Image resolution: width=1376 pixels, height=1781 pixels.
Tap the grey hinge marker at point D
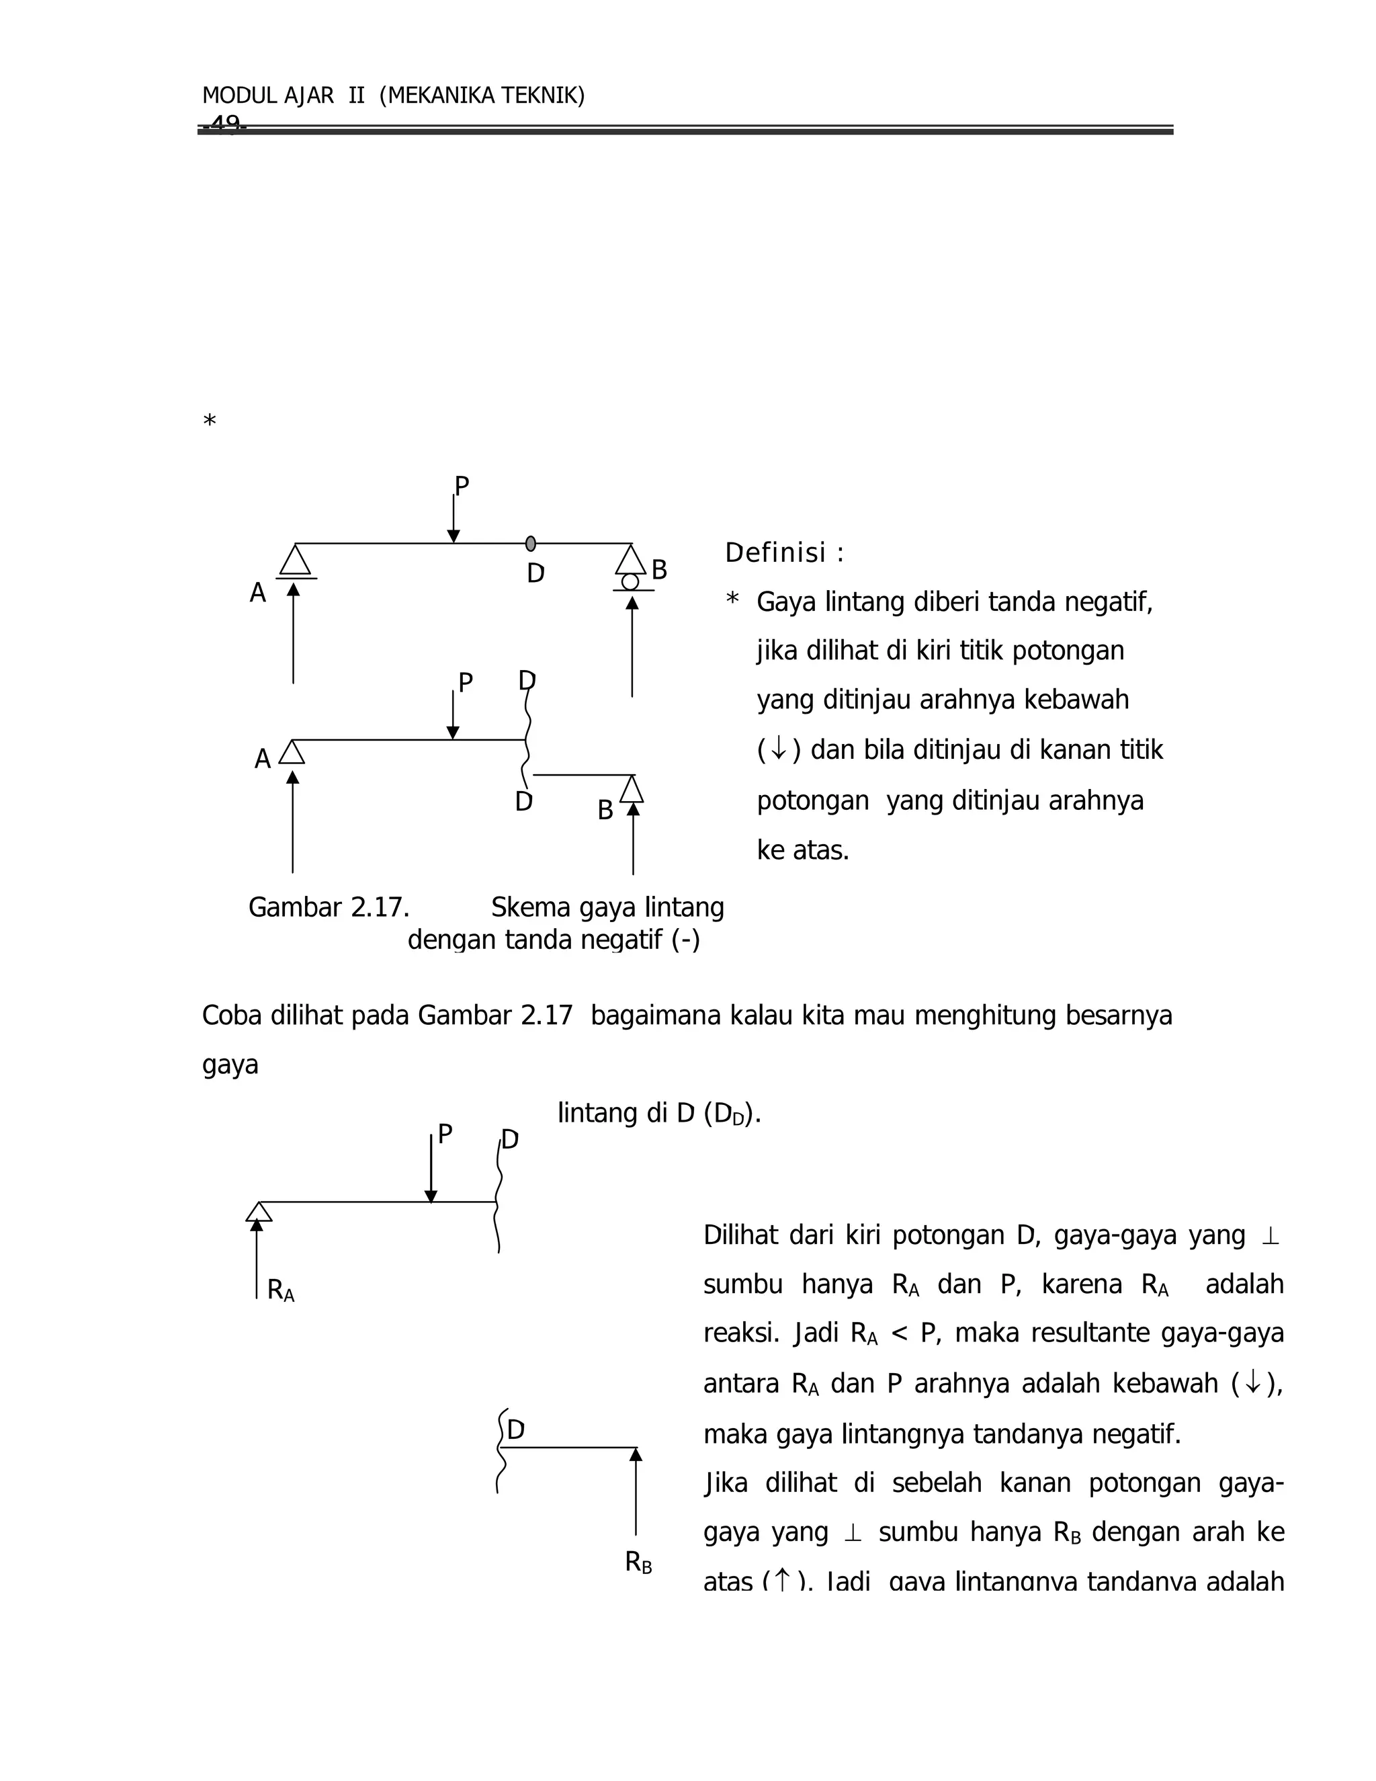click(x=531, y=543)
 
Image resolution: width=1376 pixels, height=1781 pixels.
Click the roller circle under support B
click(x=630, y=581)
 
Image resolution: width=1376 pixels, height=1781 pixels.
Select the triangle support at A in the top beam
click(x=295, y=561)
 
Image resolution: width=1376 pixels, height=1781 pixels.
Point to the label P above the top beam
click(x=462, y=487)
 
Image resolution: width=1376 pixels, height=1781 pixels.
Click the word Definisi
click(x=775, y=553)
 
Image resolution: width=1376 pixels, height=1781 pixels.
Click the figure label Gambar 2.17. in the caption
click(x=329, y=907)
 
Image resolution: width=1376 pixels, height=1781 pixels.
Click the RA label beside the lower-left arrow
click(x=280, y=1290)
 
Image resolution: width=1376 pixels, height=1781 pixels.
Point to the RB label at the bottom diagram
click(x=638, y=1562)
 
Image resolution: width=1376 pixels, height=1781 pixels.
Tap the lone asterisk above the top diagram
click(x=210, y=421)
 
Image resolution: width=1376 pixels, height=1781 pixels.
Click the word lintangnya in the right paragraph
click(x=903, y=1433)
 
